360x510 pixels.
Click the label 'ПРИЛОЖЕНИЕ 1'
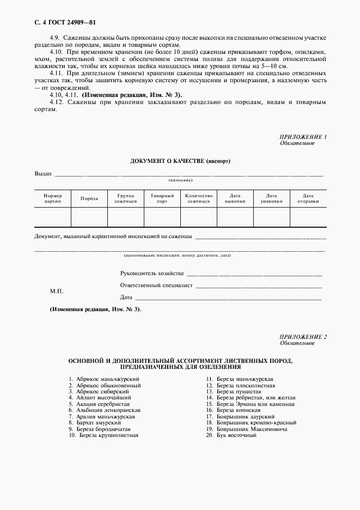303,137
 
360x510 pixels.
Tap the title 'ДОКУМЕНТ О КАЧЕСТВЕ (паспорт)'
180,162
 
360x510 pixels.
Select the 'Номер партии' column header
53,198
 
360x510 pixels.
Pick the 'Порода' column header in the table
89,198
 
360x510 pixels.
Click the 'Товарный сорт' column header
162,198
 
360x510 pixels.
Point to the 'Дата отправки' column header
308,198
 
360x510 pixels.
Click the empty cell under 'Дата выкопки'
235,217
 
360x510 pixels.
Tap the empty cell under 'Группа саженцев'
125,217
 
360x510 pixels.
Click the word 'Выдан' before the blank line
43,174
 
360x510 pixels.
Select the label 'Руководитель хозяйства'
152,274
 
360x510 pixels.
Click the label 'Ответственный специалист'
156,286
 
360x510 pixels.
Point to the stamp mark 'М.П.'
57,292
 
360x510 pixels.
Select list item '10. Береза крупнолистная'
103,436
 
